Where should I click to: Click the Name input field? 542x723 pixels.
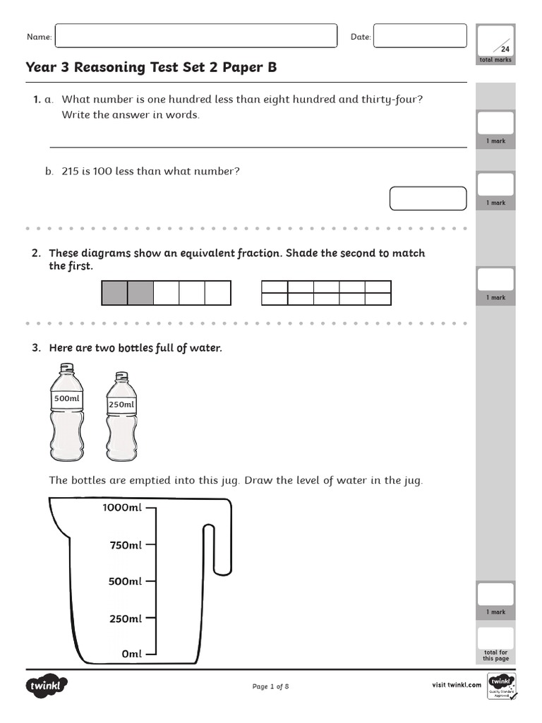[195, 36]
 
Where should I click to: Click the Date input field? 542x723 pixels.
[419, 36]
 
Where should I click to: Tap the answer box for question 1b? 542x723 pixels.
[428, 198]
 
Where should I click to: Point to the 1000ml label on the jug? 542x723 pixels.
[122, 508]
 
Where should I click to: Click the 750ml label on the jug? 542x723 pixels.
[125, 545]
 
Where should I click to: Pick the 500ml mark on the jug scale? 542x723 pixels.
[150, 582]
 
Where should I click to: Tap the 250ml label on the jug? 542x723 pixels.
[125, 619]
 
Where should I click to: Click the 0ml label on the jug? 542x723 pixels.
[131, 655]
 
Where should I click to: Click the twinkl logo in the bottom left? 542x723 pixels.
[47, 686]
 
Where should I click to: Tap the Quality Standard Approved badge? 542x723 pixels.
[502, 686]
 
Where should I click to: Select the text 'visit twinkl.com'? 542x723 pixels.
[457, 685]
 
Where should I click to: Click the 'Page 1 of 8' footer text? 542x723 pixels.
[270, 686]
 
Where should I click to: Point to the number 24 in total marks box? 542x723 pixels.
[505, 49]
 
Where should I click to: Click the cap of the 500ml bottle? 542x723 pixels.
[66, 368]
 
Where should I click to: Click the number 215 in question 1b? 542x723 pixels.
[70, 171]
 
